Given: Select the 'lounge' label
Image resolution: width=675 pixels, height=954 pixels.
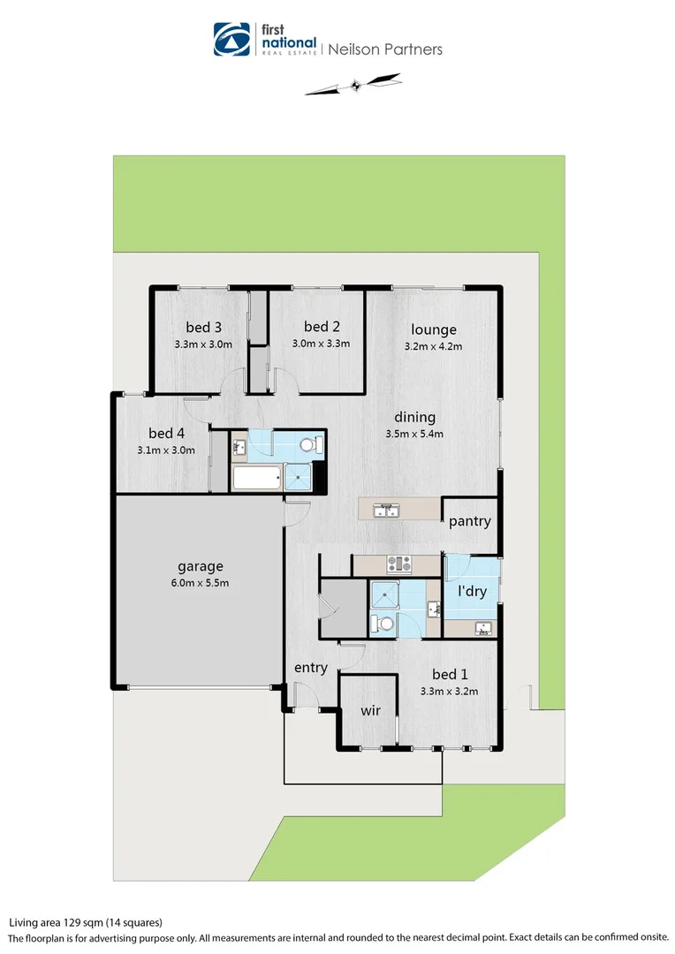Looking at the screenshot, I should pyautogui.click(x=433, y=329).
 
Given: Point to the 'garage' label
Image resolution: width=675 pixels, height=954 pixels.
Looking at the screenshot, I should pyautogui.click(x=200, y=566).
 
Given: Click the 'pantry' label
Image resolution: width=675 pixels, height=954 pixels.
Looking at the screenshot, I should pyautogui.click(x=469, y=521).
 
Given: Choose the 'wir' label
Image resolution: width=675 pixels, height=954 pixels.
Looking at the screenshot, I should pyautogui.click(x=371, y=710).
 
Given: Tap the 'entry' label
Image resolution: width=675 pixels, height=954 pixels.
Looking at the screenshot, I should pyautogui.click(x=310, y=668).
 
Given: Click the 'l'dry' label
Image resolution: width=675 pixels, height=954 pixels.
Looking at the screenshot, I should pyautogui.click(x=472, y=592).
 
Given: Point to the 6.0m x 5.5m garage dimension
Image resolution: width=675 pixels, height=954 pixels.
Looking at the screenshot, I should pyautogui.click(x=200, y=583).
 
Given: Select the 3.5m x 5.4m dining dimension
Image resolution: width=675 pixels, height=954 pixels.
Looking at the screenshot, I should pyautogui.click(x=414, y=434).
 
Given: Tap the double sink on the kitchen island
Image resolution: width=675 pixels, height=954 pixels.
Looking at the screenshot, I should pyautogui.click(x=386, y=511).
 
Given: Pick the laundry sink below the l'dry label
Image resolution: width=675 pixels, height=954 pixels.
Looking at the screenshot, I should pyautogui.click(x=482, y=628).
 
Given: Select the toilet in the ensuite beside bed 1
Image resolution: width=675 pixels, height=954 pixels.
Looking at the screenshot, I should pyautogui.click(x=385, y=624).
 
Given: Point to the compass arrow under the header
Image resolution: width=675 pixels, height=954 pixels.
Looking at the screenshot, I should pyautogui.click(x=353, y=86).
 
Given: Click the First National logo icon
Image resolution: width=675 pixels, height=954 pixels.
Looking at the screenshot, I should pyautogui.click(x=232, y=40).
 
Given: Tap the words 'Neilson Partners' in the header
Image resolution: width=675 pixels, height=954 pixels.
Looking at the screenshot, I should pyautogui.click(x=385, y=49).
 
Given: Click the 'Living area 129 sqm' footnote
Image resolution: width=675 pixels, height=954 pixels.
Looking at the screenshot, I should pyautogui.click(x=86, y=922).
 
